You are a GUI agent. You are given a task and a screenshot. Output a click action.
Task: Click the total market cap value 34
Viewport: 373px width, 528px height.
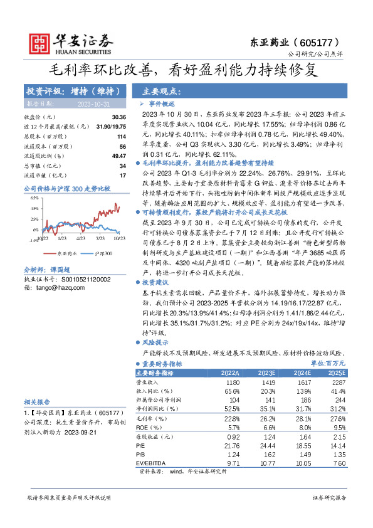tap(123, 166)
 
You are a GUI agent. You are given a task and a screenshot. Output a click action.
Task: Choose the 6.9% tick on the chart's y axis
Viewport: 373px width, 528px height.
tap(34, 198)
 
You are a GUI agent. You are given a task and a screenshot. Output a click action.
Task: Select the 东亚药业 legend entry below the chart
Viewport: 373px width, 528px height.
tap(65, 253)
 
